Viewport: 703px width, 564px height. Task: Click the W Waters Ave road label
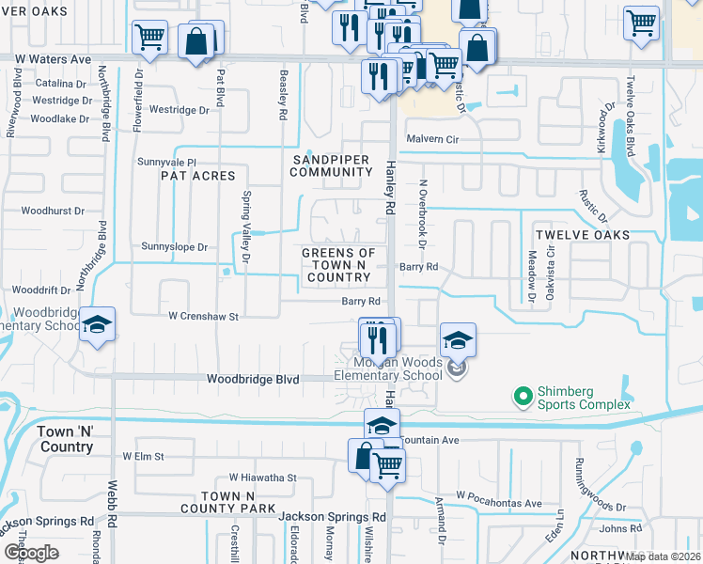click(53, 59)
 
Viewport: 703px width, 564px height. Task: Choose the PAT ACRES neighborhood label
click(198, 176)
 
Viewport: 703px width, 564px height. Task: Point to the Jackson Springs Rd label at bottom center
click(332, 517)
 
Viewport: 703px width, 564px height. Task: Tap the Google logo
click(31, 552)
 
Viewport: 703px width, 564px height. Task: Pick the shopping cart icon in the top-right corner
click(641, 23)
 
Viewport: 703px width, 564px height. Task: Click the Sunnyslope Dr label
click(173, 246)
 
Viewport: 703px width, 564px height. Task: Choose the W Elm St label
click(143, 457)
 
